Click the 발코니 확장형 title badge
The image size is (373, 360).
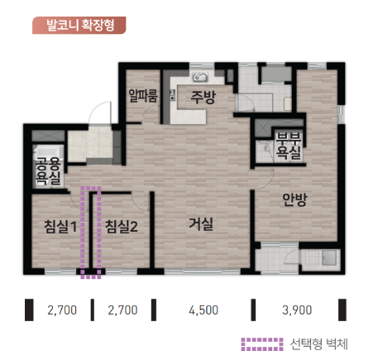coord(79,24)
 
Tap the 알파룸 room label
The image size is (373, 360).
coord(143,97)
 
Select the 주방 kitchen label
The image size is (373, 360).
coord(203,98)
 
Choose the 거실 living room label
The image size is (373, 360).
coord(201,223)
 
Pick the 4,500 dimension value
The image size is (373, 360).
coord(203,311)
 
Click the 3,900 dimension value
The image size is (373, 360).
coord(297,311)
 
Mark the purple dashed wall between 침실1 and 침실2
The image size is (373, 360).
coord(91,232)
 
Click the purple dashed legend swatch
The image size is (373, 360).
coord(261,343)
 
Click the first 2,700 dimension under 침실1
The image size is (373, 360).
coord(62,311)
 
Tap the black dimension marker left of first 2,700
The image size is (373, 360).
coord(30,310)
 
